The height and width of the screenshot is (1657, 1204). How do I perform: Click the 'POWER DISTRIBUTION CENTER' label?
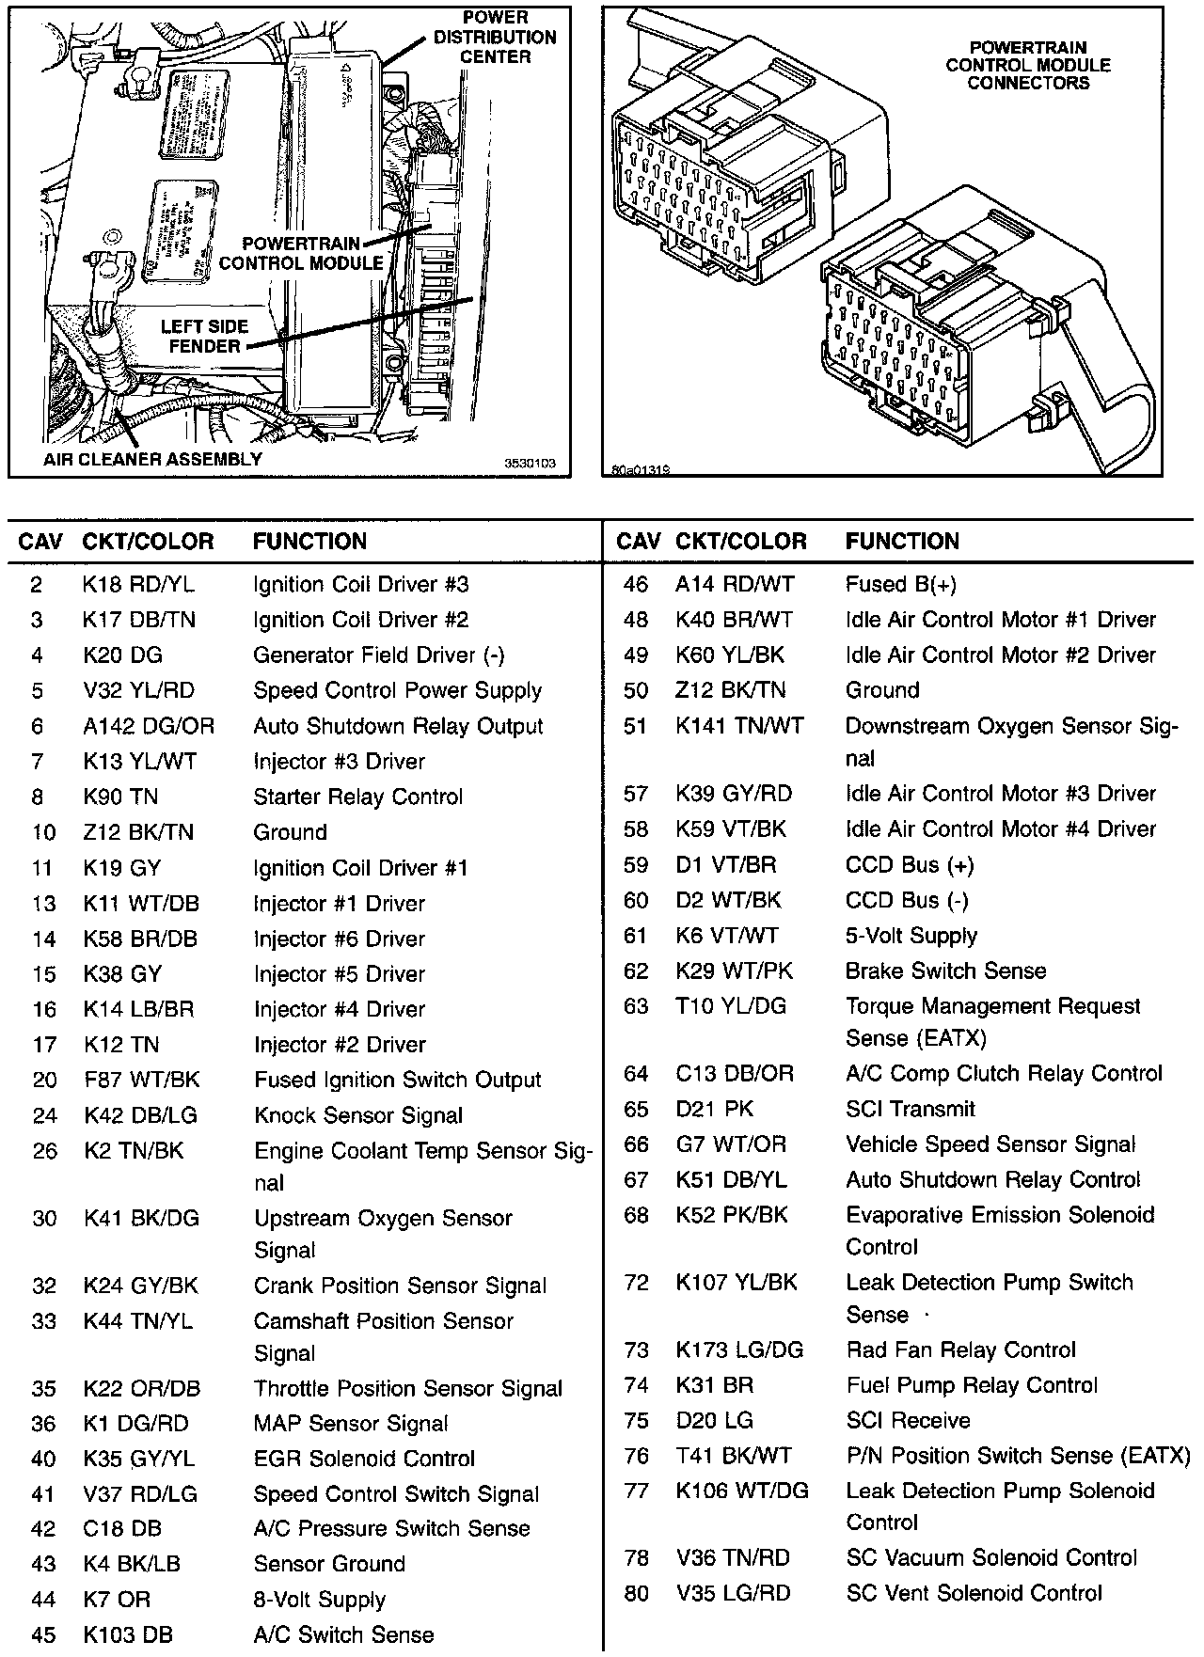pos(495,38)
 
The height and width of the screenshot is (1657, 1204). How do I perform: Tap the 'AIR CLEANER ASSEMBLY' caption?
pos(152,460)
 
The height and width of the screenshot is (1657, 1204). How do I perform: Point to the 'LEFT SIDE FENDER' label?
pos(204,337)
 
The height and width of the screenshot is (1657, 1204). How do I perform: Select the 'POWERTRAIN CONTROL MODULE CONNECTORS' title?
pos(1028,65)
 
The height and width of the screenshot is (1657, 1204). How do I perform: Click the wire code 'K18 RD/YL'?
pos(138,585)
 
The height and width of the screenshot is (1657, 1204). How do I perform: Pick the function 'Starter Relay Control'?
pos(357,797)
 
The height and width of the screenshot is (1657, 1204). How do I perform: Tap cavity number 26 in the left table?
pos(44,1151)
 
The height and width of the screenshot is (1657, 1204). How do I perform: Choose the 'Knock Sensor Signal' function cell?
pos(357,1116)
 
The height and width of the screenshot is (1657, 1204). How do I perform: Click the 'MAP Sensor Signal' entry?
pos(350,1424)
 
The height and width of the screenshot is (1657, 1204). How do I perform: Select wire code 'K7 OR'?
pos(117,1600)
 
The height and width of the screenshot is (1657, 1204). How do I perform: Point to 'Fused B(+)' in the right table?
pos(900,585)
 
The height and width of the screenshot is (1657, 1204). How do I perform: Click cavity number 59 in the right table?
pos(636,865)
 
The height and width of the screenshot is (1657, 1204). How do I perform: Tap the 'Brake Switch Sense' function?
pos(945,971)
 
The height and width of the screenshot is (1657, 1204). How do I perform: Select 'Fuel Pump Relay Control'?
pos(971,1386)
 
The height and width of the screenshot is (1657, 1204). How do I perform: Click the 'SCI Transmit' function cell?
pos(910,1110)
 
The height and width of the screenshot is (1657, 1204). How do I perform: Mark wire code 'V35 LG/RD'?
pos(733,1594)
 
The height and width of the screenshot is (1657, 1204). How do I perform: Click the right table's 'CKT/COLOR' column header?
pos(740,542)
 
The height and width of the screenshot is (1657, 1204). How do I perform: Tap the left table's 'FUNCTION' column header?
pos(309,542)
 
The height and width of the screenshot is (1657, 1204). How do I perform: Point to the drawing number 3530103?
pos(531,464)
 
